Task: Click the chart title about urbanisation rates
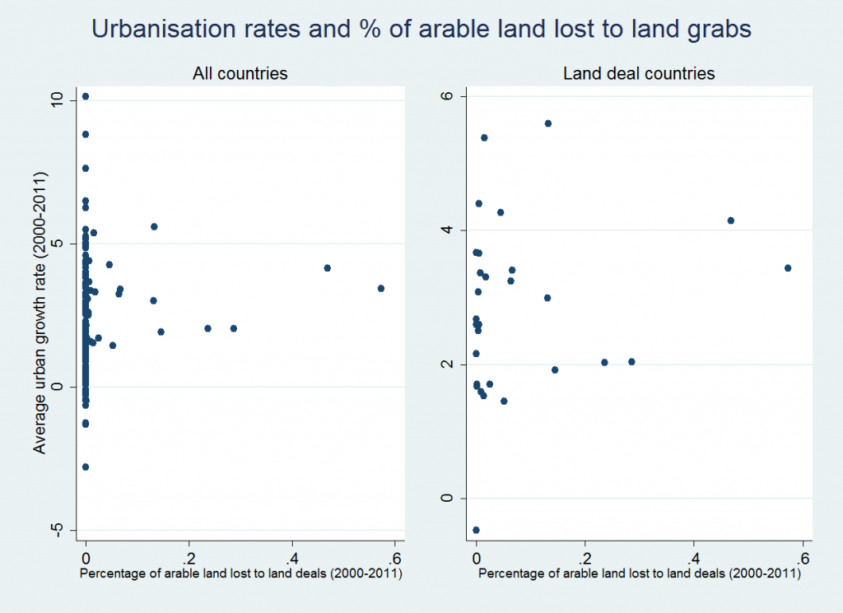click(x=421, y=30)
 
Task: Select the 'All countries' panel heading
click(x=240, y=74)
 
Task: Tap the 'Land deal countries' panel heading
click(x=639, y=74)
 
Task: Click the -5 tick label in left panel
click(x=55, y=530)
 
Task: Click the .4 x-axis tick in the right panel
click(x=693, y=552)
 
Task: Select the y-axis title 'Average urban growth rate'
click(x=39, y=313)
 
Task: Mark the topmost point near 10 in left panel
click(x=85, y=97)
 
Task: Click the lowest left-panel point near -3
click(x=85, y=467)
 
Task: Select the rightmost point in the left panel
click(x=380, y=288)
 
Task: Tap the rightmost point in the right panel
click(x=788, y=268)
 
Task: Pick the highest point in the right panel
click(x=547, y=123)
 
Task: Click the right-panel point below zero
click(x=476, y=530)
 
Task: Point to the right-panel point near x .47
click(x=730, y=221)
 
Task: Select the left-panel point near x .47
click(x=327, y=268)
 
